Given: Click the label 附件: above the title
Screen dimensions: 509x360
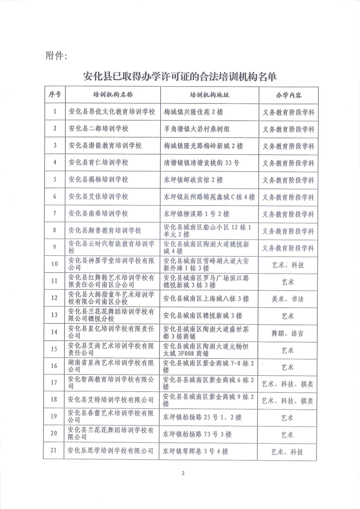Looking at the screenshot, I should tap(57, 56).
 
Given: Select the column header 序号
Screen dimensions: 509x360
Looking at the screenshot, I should tap(55, 95).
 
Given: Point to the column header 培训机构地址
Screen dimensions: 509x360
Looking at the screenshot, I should tap(209, 95).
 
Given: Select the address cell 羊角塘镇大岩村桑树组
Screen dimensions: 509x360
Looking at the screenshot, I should tap(197, 129).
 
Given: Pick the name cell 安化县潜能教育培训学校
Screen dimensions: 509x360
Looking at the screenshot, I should tap(105, 146).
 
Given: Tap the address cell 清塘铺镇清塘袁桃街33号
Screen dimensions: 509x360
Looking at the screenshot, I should tap(201, 162).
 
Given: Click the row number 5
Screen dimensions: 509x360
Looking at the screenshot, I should tap(55, 180).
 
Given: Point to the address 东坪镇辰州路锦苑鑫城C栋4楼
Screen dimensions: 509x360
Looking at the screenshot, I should tap(209, 197).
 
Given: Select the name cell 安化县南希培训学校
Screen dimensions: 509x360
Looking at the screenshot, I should tap(98, 214).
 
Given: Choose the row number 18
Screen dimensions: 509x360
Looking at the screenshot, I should tap(55, 400).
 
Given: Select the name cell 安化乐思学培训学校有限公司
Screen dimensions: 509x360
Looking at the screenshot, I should tap(110, 451).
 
